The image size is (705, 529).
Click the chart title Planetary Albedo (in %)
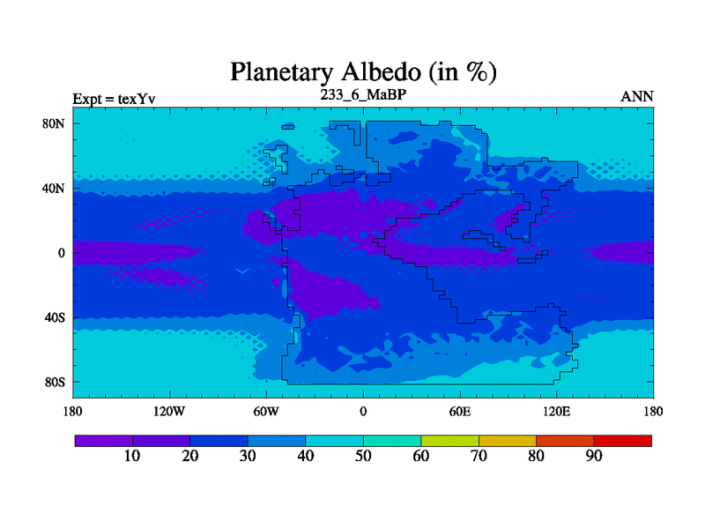pos(363,72)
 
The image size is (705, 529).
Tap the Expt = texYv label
pos(115,99)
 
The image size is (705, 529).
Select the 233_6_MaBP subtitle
pos(363,94)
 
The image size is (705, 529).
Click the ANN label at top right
pos(637,97)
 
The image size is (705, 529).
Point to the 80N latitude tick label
pos(54,123)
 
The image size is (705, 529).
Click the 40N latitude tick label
pos(54,188)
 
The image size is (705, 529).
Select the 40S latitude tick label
pos(55,317)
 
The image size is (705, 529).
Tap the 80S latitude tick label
pos(55,383)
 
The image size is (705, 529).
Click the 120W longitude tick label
pos(169,411)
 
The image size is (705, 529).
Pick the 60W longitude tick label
pos(266,411)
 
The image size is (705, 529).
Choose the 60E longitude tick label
pos(460,411)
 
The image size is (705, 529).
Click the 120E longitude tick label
pos(557,411)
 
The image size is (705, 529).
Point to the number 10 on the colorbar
pos(132,456)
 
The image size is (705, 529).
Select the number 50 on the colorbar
pos(363,456)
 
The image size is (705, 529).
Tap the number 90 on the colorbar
pos(594,456)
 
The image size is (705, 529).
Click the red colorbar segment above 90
pos(623,441)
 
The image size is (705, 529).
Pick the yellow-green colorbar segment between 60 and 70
pos(449,441)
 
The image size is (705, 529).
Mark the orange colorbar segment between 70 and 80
pos(508,441)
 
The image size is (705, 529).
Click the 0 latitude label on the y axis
pos(62,253)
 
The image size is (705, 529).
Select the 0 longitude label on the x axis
pos(363,411)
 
